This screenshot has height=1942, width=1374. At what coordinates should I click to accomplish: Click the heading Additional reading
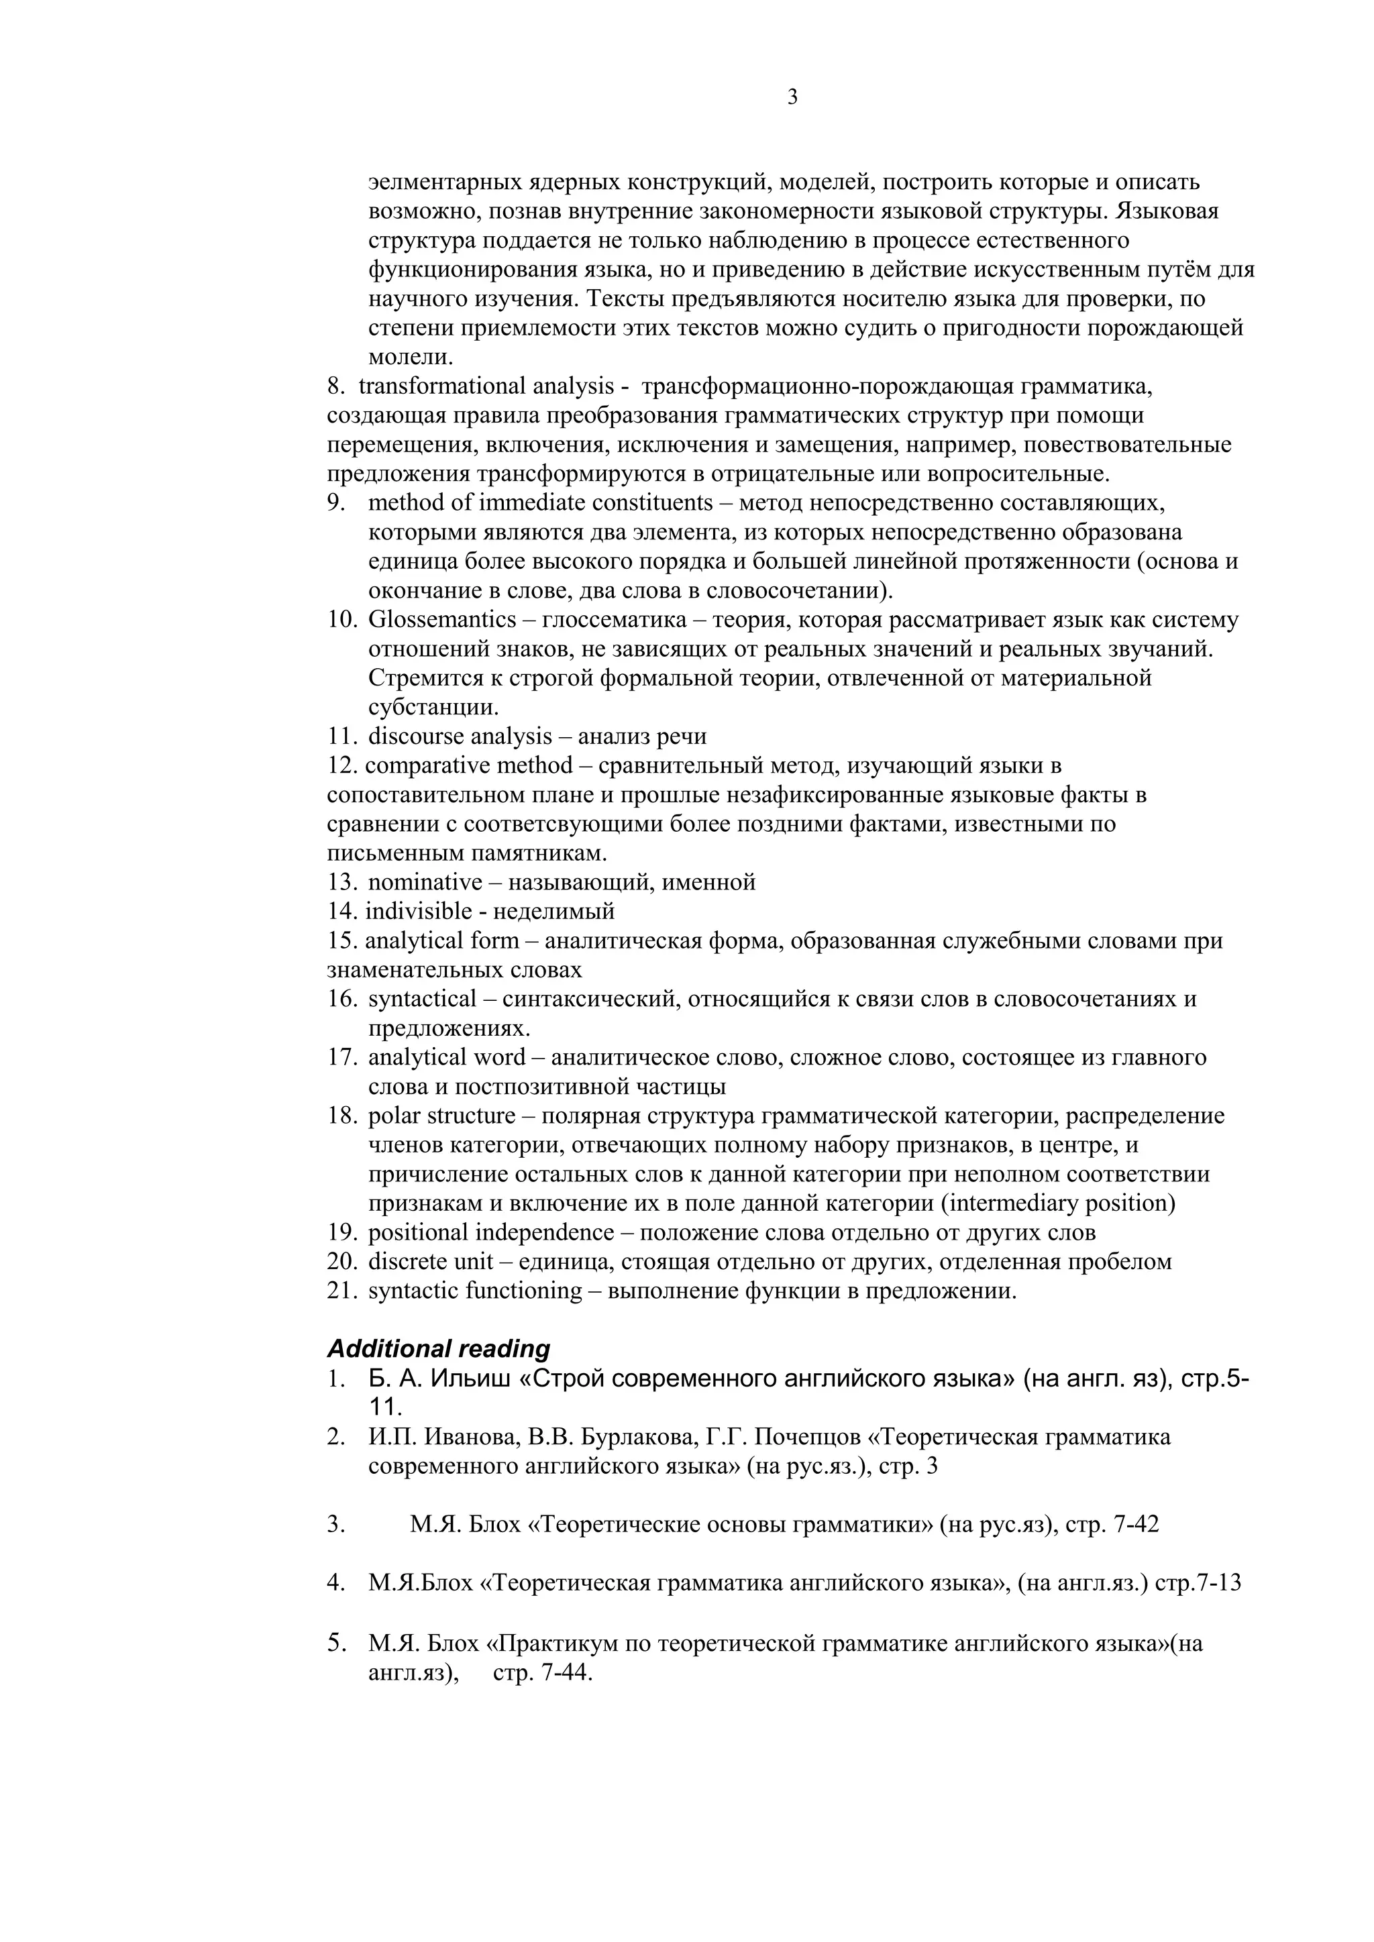[x=438, y=1348]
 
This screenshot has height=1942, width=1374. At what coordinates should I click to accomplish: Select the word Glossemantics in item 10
[x=441, y=620]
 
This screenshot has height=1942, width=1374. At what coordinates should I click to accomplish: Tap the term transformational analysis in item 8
[x=486, y=386]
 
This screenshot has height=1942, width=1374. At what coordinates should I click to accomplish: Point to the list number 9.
[x=337, y=503]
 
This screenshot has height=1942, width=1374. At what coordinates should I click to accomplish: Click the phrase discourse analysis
[x=460, y=737]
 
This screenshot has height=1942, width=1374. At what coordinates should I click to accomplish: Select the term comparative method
[x=469, y=765]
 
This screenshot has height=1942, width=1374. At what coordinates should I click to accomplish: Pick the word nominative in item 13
[x=425, y=882]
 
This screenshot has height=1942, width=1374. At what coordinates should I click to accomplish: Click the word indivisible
[x=418, y=912]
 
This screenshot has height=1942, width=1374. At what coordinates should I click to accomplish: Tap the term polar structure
[x=441, y=1116]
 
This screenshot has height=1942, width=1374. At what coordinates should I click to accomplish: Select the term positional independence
[x=490, y=1232]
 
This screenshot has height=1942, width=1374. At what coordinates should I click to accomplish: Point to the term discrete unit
[x=430, y=1261]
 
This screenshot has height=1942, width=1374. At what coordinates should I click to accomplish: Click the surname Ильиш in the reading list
[x=470, y=1379]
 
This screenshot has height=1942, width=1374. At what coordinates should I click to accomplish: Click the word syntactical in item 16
[x=422, y=999]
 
